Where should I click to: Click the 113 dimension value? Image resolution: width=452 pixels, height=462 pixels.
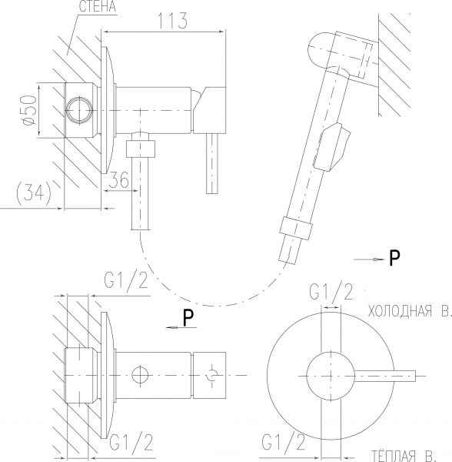tap(173, 21)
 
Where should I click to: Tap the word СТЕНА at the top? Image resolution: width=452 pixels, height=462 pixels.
tap(98, 6)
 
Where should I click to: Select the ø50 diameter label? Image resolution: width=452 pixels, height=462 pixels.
tap(30, 109)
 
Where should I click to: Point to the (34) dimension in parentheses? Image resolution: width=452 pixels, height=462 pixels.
tap(34, 192)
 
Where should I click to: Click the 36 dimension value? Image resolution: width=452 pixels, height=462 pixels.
tap(119, 179)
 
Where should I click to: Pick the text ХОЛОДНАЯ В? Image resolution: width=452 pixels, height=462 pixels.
tap(410, 311)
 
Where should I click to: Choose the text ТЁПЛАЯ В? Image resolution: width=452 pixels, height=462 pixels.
tap(402, 456)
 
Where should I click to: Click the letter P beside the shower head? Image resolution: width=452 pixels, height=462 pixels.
tap(394, 257)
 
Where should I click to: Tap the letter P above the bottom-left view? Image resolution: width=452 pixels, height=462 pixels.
tap(188, 318)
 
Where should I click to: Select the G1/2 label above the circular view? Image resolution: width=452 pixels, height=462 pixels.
tap(331, 290)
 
